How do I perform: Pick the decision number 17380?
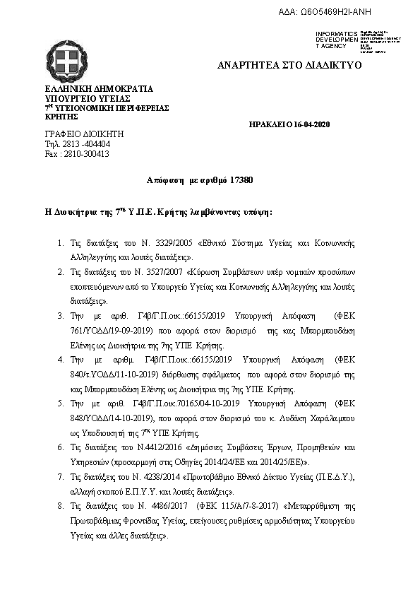(241, 181)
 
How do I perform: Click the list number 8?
(61, 507)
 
